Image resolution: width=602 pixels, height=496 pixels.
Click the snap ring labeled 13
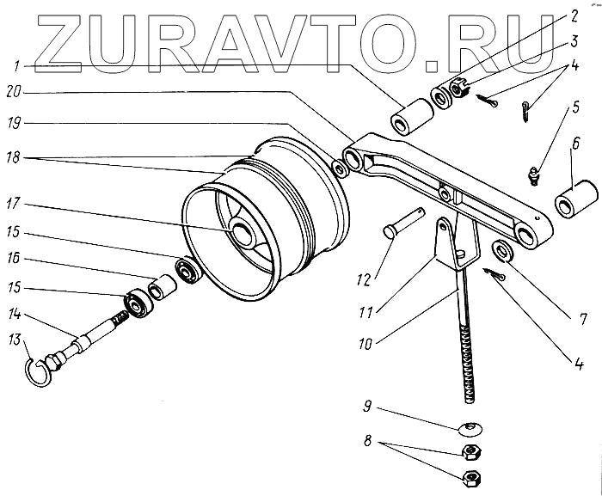[x=36, y=375]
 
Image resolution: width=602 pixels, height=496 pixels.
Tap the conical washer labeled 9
[x=469, y=426]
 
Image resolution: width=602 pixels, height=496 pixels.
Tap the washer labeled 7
[x=502, y=252]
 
